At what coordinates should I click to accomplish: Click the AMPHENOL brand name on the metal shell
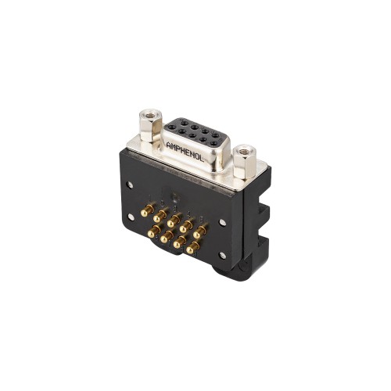click(185, 152)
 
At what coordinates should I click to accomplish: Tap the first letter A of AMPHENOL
click(169, 145)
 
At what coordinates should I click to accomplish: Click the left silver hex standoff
click(150, 126)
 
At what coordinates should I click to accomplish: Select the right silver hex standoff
click(244, 162)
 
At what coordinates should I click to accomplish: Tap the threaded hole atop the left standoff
click(150, 115)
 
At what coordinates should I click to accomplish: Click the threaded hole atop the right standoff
click(244, 151)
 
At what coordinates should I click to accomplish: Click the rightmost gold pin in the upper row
click(200, 232)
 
